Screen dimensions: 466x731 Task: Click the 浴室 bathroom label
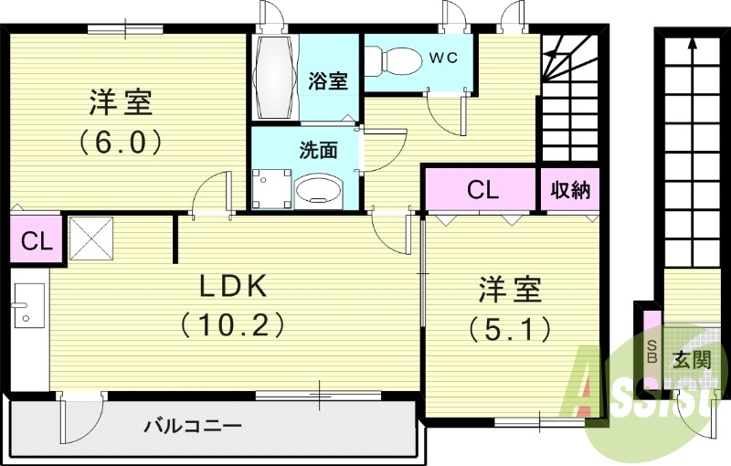click(x=328, y=80)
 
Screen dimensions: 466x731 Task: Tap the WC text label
click(x=443, y=56)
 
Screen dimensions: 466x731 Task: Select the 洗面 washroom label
click(x=318, y=150)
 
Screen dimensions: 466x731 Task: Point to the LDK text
click(x=233, y=286)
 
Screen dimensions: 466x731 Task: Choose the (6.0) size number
click(x=120, y=142)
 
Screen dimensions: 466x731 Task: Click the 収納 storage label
click(x=570, y=190)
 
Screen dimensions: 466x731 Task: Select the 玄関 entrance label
click(x=691, y=359)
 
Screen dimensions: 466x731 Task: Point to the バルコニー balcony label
click(x=192, y=427)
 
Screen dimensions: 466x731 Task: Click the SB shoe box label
click(x=652, y=351)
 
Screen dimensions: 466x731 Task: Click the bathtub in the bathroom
click(x=273, y=77)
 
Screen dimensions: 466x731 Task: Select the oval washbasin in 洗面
click(x=318, y=190)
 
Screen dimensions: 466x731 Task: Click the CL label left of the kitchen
click(x=35, y=242)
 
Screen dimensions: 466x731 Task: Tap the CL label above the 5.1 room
click(x=482, y=190)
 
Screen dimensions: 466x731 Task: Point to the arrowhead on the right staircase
click(x=692, y=41)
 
